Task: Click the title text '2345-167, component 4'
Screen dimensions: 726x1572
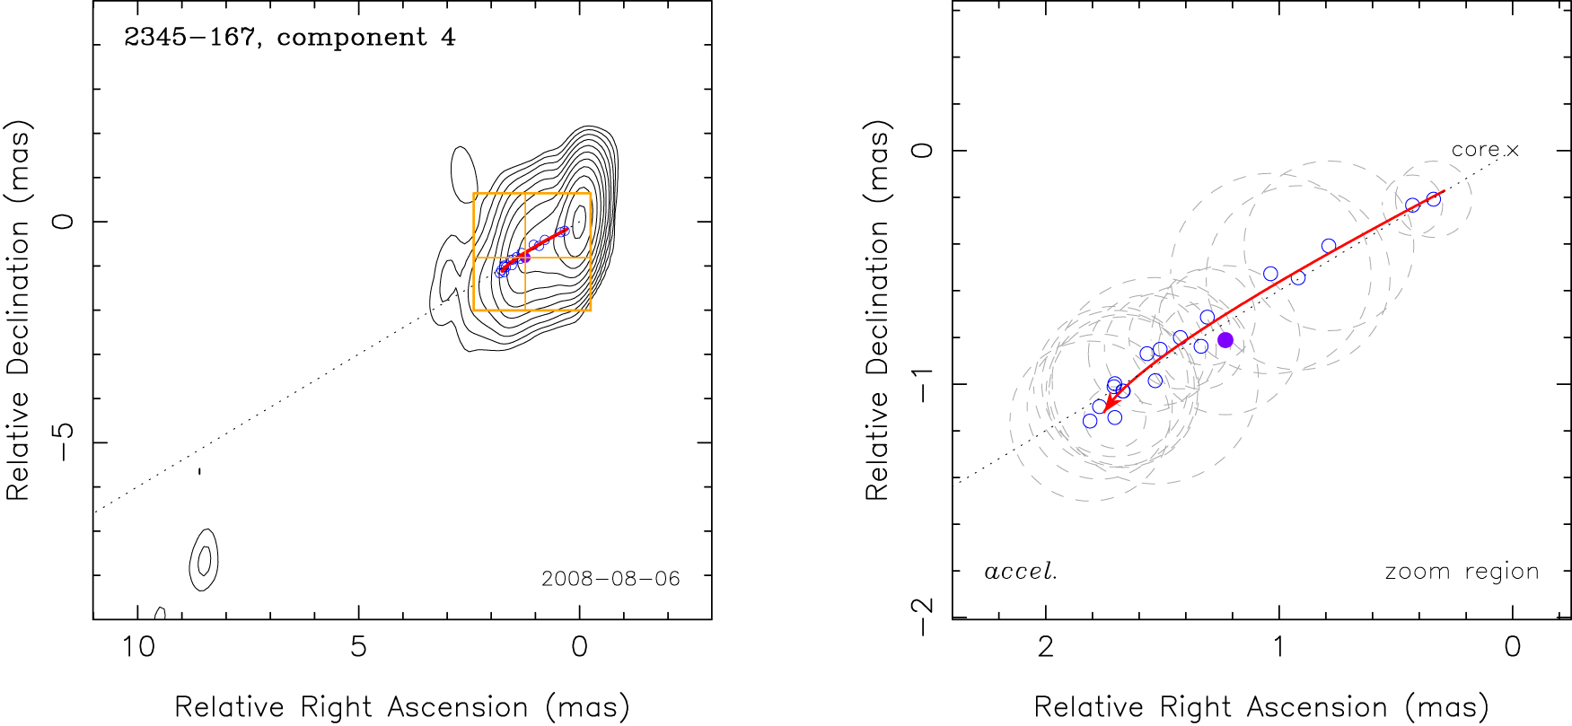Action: (289, 38)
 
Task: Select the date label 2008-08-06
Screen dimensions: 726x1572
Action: (610, 579)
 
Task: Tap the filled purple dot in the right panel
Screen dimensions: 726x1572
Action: (1225, 340)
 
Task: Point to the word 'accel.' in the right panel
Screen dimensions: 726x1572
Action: (1021, 572)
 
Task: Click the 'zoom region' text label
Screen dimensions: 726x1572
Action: (1462, 572)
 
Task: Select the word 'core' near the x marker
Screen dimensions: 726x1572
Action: (1475, 150)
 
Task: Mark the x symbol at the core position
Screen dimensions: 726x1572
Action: (1513, 150)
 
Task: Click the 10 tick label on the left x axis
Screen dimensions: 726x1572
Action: (138, 646)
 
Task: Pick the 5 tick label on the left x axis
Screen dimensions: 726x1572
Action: (359, 646)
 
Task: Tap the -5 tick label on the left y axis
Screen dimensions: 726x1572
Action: (63, 442)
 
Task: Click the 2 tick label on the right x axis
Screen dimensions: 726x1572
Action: (1045, 646)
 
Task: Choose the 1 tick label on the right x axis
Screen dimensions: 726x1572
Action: (1278, 646)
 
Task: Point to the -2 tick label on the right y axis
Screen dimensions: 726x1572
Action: (922, 617)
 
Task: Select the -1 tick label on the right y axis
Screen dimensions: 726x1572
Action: (922, 384)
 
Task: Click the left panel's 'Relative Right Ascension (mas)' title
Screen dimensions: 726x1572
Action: (401, 707)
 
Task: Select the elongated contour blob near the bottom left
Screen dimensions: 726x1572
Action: (205, 560)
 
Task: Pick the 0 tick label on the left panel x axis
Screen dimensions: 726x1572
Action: (580, 646)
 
